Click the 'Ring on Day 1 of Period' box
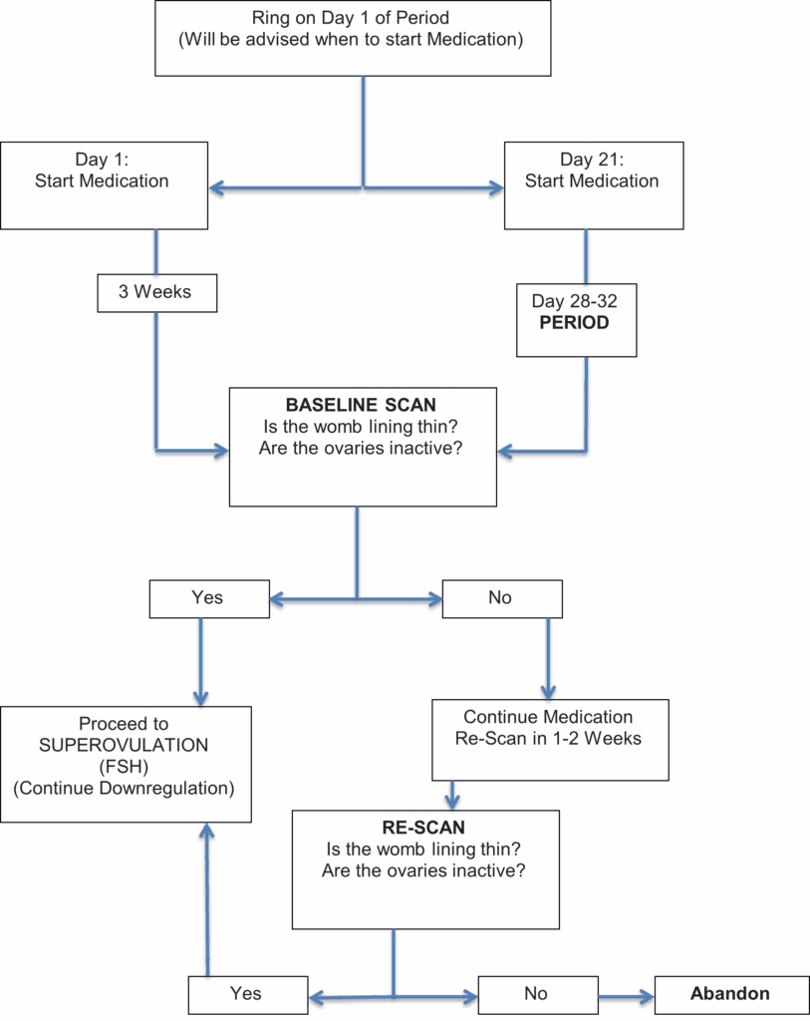pyautogui.click(x=353, y=38)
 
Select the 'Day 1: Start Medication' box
pyautogui.click(x=104, y=185)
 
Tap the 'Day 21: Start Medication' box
pyautogui.click(x=594, y=185)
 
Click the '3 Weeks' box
pyautogui.click(x=156, y=293)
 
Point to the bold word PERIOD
pyautogui.click(x=575, y=323)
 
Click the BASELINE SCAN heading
pyautogui.click(x=361, y=405)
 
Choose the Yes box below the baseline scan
pyautogui.click(x=209, y=599)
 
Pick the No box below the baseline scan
pyautogui.click(x=502, y=599)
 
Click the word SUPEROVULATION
pyautogui.click(x=124, y=745)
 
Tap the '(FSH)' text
pyautogui.click(x=124, y=767)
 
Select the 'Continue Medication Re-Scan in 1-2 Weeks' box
pyautogui.click(x=550, y=740)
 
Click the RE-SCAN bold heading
pyautogui.click(x=423, y=828)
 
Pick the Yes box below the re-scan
pyautogui.click(x=248, y=995)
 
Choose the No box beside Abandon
pyautogui.click(x=538, y=995)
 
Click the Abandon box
pyautogui.click(x=732, y=995)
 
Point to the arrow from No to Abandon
pyautogui.click(x=626, y=996)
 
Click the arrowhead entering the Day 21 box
pyautogui.click(x=497, y=188)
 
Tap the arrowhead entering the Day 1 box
pyautogui.click(x=216, y=188)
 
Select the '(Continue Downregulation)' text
pyautogui.click(x=124, y=789)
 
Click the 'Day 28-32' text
pyautogui.click(x=575, y=301)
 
